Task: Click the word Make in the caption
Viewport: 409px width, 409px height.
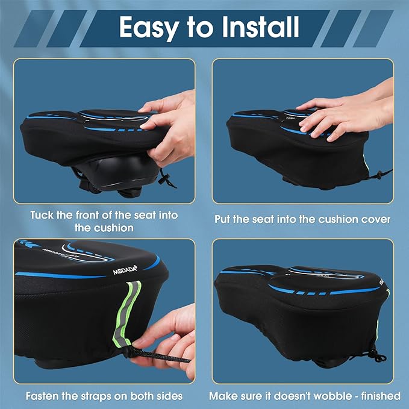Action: click(223, 396)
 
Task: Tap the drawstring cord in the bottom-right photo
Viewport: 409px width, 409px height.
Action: click(375, 355)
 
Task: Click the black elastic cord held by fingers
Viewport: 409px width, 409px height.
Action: click(163, 355)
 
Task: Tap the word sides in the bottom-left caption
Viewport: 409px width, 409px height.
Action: click(169, 396)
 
